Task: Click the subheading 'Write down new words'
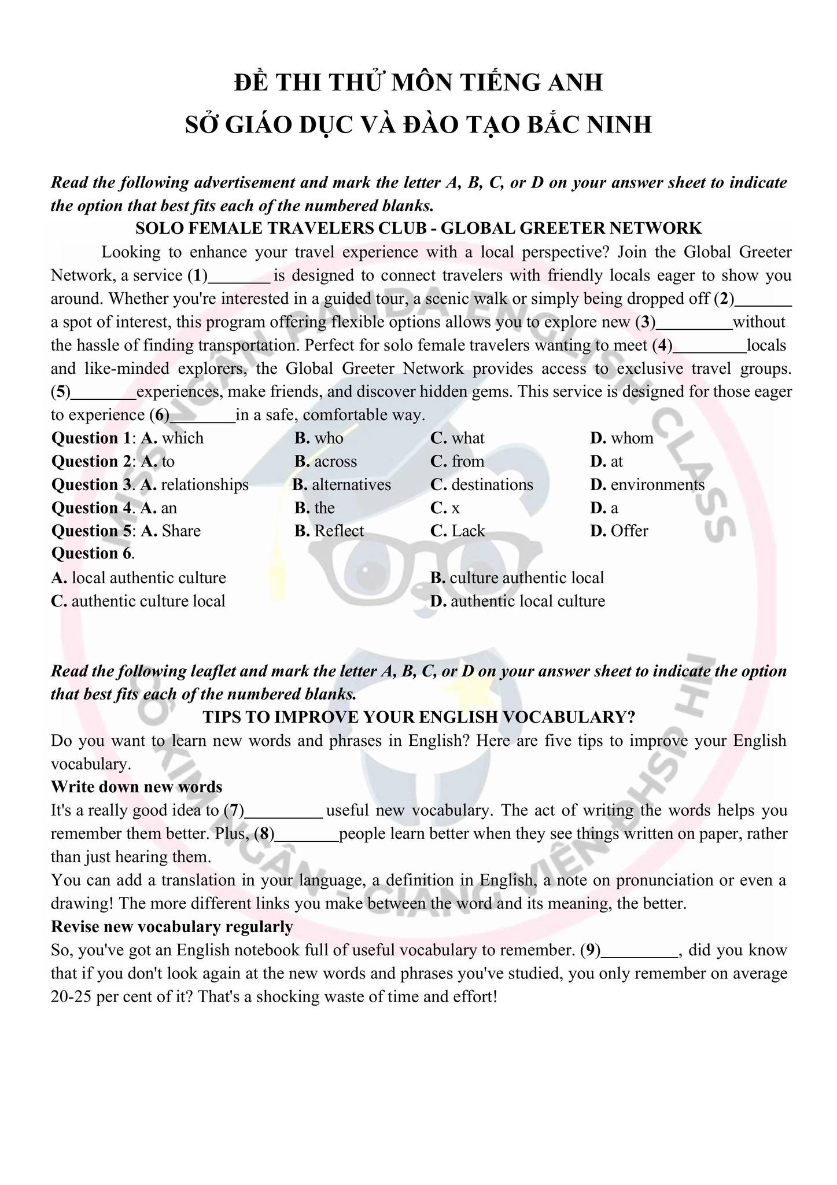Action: [x=137, y=787]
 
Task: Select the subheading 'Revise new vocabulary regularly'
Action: [x=172, y=927]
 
